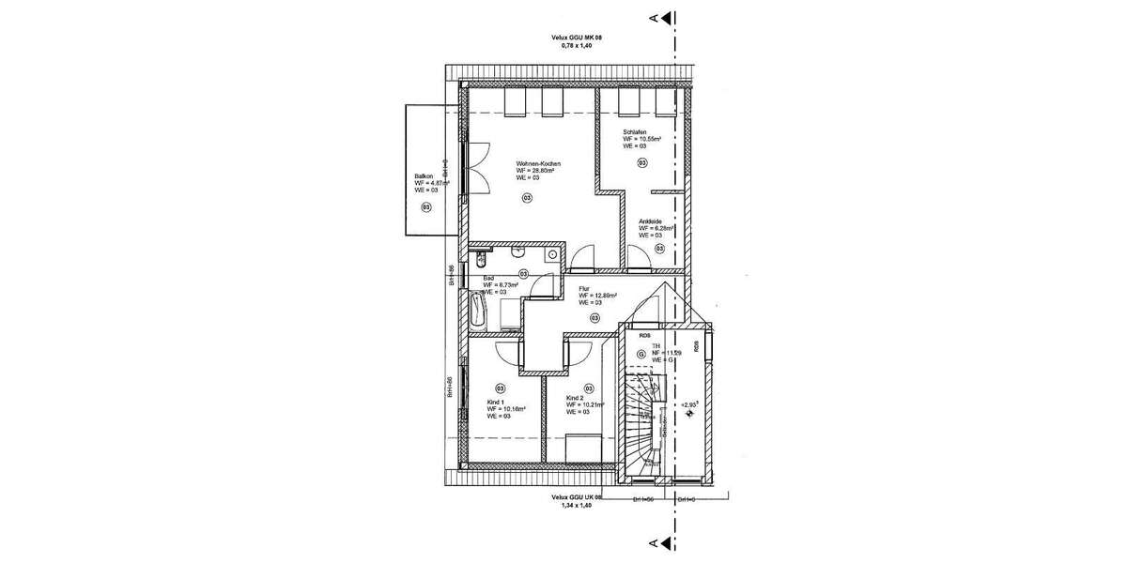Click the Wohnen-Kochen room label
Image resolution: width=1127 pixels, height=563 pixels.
tap(538, 164)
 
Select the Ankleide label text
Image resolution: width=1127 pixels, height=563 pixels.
tap(651, 221)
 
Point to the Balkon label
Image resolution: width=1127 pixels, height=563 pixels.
tap(423, 176)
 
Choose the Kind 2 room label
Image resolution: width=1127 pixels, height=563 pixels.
tap(575, 398)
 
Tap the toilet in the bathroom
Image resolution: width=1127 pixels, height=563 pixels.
tap(481, 259)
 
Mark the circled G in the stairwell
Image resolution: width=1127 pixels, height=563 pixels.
tap(641, 355)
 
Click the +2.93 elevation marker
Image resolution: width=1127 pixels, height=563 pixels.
tap(690, 404)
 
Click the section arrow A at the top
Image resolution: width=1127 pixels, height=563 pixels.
tap(665, 16)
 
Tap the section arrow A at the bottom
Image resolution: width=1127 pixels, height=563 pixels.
tap(665, 542)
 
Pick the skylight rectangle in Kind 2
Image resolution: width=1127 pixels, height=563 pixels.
tap(583, 447)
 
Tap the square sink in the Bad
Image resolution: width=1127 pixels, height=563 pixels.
tap(553, 255)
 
